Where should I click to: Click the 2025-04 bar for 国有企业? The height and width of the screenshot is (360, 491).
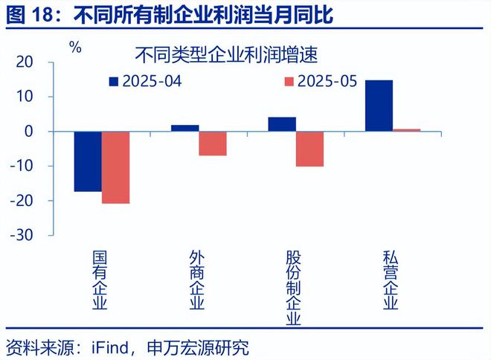click(x=88, y=161)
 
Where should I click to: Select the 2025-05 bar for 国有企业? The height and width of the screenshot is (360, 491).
click(x=115, y=167)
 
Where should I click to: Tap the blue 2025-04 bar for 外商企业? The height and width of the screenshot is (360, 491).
click(x=184, y=129)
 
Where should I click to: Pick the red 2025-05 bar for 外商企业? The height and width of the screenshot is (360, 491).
click(x=213, y=144)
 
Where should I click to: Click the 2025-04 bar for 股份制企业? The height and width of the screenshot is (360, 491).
click(x=282, y=124)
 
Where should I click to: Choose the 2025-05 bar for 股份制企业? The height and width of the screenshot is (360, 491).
click(x=309, y=149)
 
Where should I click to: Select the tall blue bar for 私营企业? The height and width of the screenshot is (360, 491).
click(x=379, y=106)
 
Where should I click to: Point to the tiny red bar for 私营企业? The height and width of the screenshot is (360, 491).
click(x=406, y=130)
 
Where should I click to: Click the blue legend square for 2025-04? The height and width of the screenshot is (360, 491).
click(x=114, y=81)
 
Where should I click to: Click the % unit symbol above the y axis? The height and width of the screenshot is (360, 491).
click(x=75, y=47)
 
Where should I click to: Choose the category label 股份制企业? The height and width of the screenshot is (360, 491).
click(x=294, y=288)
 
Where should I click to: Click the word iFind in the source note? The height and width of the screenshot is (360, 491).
click(x=110, y=347)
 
